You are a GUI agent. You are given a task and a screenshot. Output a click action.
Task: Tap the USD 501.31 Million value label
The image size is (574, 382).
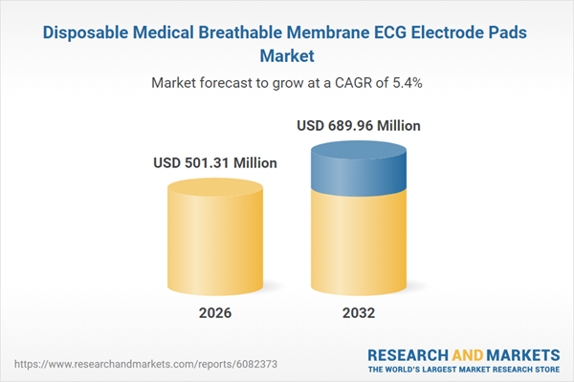tap(215, 163)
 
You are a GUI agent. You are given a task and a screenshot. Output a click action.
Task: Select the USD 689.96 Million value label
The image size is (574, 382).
tap(358, 125)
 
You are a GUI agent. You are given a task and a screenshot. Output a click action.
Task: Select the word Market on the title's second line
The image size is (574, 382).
tap(287, 56)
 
